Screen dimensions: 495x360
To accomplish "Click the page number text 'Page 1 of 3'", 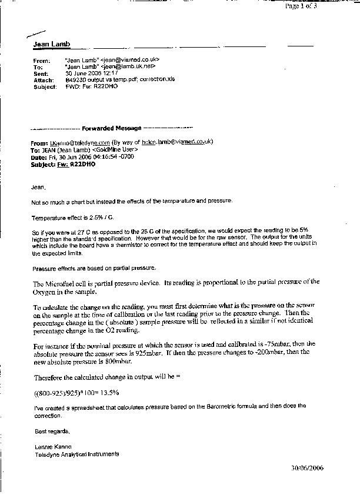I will (x=301, y=6).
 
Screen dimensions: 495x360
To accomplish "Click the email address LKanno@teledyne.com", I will (x=73, y=142).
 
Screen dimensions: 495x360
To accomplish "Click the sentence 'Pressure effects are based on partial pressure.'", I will (x=94, y=267).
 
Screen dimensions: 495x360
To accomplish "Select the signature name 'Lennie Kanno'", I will (x=49, y=447).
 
